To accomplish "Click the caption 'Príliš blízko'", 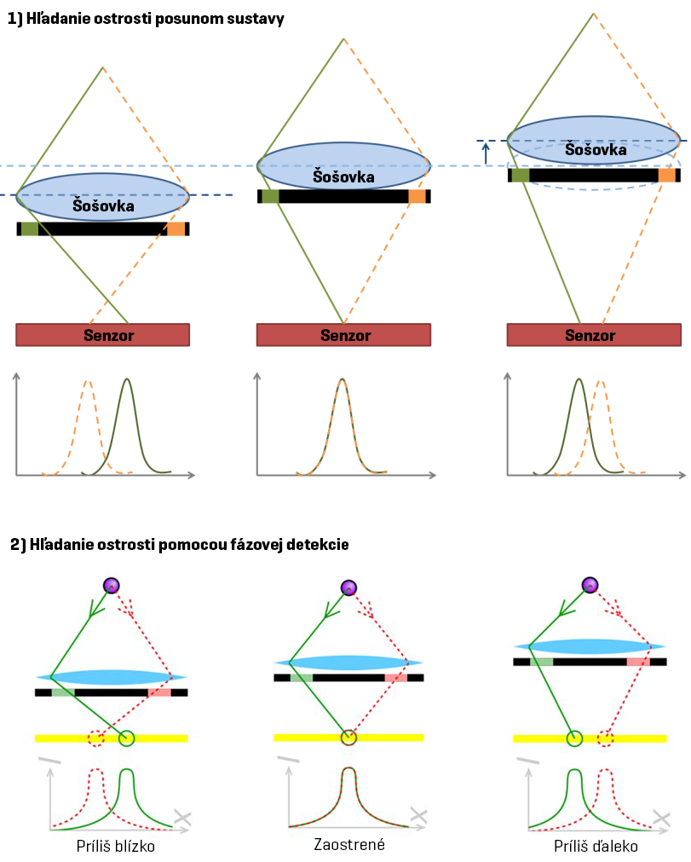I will click(x=115, y=848).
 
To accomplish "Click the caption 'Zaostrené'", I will click(x=348, y=844).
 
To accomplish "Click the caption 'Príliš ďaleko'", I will click(x=595, y=848).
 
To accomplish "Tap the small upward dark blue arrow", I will click(x=486, y=153).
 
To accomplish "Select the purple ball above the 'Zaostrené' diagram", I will click(x=348, y=587).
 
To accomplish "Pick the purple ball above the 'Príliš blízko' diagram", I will click(x=111, y=585).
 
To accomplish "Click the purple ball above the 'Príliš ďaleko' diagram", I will click(x=590, y=585).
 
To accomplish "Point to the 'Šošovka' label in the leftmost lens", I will click(x=102, y=205).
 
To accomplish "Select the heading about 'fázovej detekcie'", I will click(x=179, y=544).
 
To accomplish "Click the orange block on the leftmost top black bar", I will click(x=176, y=229).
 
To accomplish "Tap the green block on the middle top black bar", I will click(x=270, y=196).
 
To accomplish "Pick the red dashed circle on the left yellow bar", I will click(x=96, y=738).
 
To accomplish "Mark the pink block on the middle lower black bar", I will click(x=395, y=678).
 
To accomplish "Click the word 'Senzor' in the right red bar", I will click(x=590, y=335).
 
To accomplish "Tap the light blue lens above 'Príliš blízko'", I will click(x=111, y=677).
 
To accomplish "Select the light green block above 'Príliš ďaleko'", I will click(x=542, y=661).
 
